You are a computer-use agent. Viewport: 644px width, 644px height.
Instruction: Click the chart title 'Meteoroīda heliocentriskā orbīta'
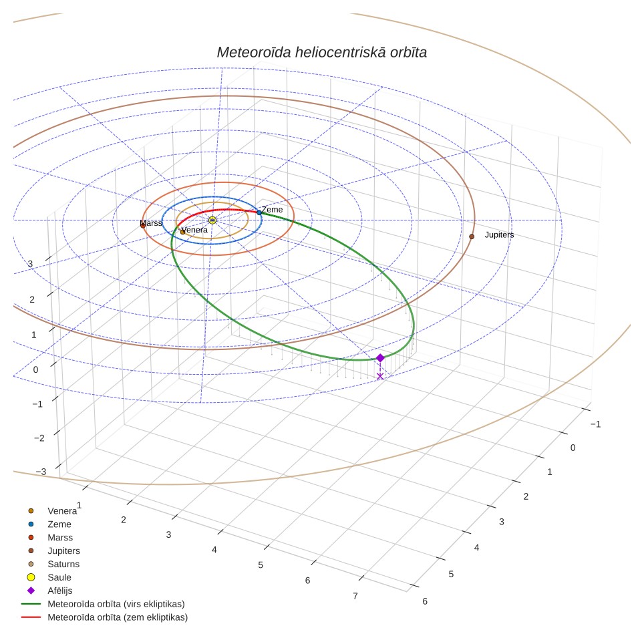(x=321, y=53)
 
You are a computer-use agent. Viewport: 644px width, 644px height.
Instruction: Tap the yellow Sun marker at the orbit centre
(x=212, y=220)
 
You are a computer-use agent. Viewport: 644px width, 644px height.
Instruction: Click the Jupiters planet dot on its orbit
(x=472, y=236)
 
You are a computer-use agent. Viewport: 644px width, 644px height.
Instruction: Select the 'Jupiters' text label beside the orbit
(x=499, y=235)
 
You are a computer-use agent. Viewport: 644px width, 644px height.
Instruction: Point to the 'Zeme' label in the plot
(x=273, y=210)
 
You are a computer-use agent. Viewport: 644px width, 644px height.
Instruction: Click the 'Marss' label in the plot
(x=151, y=223)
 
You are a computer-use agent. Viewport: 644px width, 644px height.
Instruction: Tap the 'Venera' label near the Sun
(x=194, y=230)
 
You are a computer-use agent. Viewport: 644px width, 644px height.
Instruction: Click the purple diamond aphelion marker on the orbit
(x=380, y=357)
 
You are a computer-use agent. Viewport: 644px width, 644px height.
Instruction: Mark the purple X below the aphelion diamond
(x=380, y=376)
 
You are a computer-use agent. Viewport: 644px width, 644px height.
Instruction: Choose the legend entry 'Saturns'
(x=63, y=564)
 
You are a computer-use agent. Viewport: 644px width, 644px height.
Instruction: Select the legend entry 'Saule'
(x=59, y=577)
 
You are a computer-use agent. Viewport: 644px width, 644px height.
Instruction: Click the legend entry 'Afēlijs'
(x=60, y=591)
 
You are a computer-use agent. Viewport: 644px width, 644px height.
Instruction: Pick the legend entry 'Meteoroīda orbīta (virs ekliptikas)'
(x=116, y=604)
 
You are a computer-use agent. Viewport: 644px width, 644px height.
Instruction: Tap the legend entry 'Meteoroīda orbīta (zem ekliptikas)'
(x=118, y=617)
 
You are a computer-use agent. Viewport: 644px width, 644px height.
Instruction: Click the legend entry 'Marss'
(x=60, y=537)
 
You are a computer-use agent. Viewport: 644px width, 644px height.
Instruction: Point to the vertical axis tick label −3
(x=41, y=472)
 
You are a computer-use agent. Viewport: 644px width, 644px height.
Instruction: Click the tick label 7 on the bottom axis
(x=355, y=595)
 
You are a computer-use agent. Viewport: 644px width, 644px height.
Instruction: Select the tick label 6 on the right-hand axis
(x=425, y=601)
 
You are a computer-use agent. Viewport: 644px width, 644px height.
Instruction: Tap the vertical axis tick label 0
(x=35, y=369)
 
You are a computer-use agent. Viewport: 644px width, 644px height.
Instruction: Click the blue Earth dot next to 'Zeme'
(x=259, y=212)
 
